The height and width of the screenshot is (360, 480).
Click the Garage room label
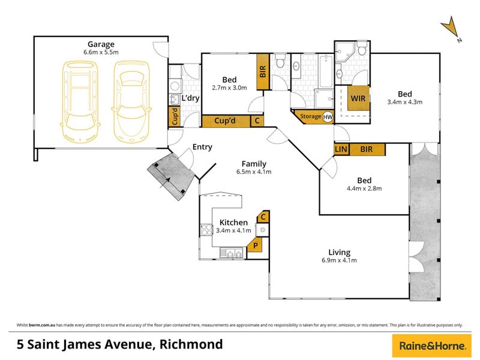[101, 44]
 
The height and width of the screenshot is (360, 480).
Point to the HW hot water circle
[328, 117]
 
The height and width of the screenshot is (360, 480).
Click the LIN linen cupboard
[341, 149]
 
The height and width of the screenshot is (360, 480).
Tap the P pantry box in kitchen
[255, 245]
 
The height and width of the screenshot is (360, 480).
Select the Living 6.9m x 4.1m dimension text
[339, 260]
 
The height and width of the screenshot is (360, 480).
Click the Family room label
[254, 163]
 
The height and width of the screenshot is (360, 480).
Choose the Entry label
[202, 147]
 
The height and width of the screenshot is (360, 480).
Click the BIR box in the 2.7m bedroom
[262, 72]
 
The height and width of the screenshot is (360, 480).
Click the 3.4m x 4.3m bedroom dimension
[405, 102]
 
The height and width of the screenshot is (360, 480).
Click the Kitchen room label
[233, 222]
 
